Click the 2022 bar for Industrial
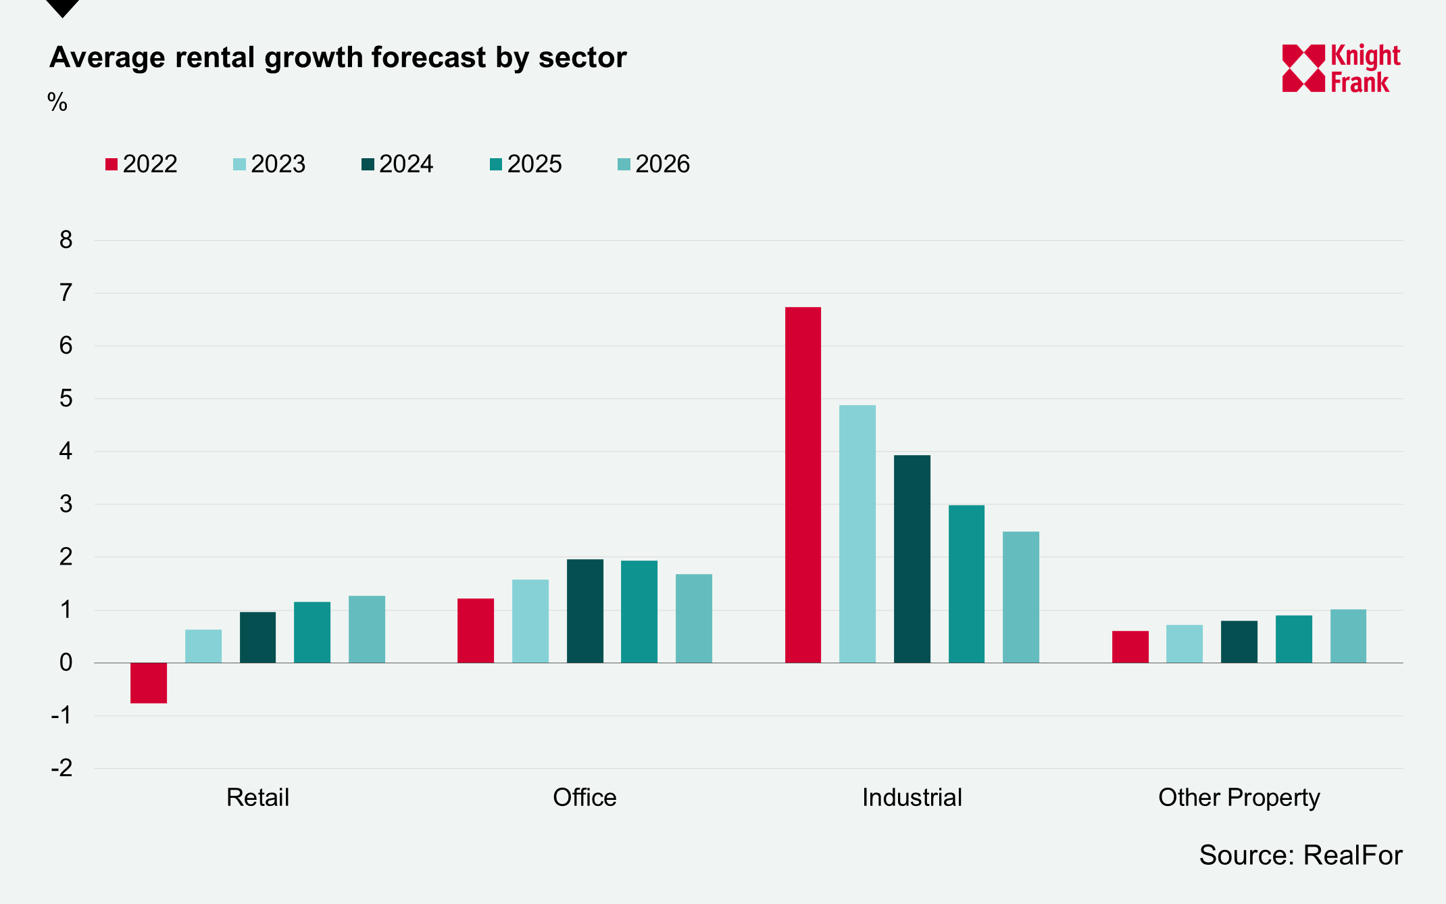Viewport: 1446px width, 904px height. [803, 485]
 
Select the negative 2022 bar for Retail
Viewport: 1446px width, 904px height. [149, 683]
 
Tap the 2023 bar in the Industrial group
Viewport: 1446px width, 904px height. [857, 534]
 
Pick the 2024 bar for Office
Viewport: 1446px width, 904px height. [584, 611]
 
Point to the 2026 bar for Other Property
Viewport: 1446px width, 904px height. [1348, 636]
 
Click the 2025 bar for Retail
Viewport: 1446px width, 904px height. [312, 632]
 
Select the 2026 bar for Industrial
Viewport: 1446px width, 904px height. [1021, 597]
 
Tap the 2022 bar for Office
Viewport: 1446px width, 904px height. [476, 630]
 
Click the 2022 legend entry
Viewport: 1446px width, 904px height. [141, 164]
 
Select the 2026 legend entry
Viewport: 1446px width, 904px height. [654, 164]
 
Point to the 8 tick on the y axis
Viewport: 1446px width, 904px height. [66, 240]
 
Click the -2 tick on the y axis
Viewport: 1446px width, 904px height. [62, 768]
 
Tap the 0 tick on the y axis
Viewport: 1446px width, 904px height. [66, 663]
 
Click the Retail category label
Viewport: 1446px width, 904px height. [257, 798]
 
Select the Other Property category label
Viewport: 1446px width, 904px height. [1239, 798]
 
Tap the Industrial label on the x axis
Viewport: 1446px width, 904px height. [912, 798]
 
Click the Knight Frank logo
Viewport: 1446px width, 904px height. [1341, 68]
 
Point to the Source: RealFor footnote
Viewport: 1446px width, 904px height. [1301, 855]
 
